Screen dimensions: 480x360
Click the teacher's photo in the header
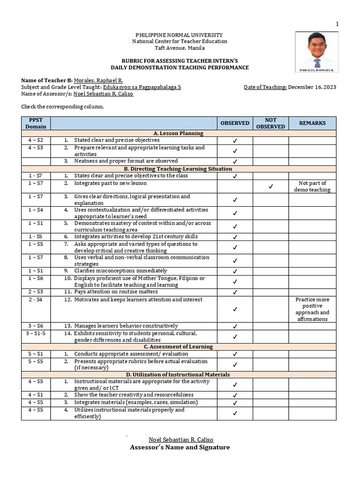317,52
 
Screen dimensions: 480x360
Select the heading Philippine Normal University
179,35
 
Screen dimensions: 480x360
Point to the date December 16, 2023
312,87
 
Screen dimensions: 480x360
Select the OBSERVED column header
235,123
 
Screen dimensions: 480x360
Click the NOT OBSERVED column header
270,123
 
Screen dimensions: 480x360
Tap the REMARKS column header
313,123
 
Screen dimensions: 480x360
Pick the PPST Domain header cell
36,123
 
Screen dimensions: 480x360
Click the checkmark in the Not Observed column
270,187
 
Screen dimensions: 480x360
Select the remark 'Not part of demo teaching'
313,187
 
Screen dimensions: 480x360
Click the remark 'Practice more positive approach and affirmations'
313,309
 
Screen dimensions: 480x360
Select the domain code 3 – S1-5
36,333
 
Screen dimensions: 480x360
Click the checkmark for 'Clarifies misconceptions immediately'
235,271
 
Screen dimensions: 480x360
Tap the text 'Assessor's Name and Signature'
180,447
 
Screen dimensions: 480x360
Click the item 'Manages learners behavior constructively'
126,326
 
